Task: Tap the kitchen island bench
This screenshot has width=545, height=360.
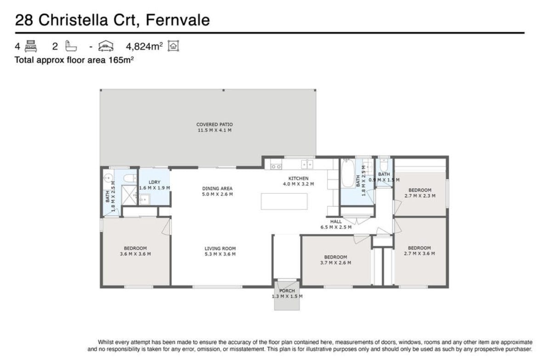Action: pos(284,201)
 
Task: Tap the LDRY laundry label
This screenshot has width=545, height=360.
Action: pos(154,182)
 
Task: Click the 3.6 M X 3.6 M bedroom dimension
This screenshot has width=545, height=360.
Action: pos(135,254)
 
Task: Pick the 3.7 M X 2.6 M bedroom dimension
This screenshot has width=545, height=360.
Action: pos(335,263)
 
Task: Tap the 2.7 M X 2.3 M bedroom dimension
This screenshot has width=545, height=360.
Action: pos(420,196)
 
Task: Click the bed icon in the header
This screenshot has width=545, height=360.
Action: pos(31,46)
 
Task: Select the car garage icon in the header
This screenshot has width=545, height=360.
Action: pos(106,46)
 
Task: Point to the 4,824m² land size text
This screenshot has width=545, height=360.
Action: pos(144,46)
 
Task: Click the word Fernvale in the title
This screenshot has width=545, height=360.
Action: pos(178,20)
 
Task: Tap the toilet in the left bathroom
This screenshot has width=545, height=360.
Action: pos(131,179)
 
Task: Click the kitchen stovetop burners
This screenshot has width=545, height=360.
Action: pos(276,167)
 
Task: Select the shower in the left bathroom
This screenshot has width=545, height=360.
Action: pos(129,196)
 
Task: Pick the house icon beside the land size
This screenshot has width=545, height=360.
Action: pos(173,46)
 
